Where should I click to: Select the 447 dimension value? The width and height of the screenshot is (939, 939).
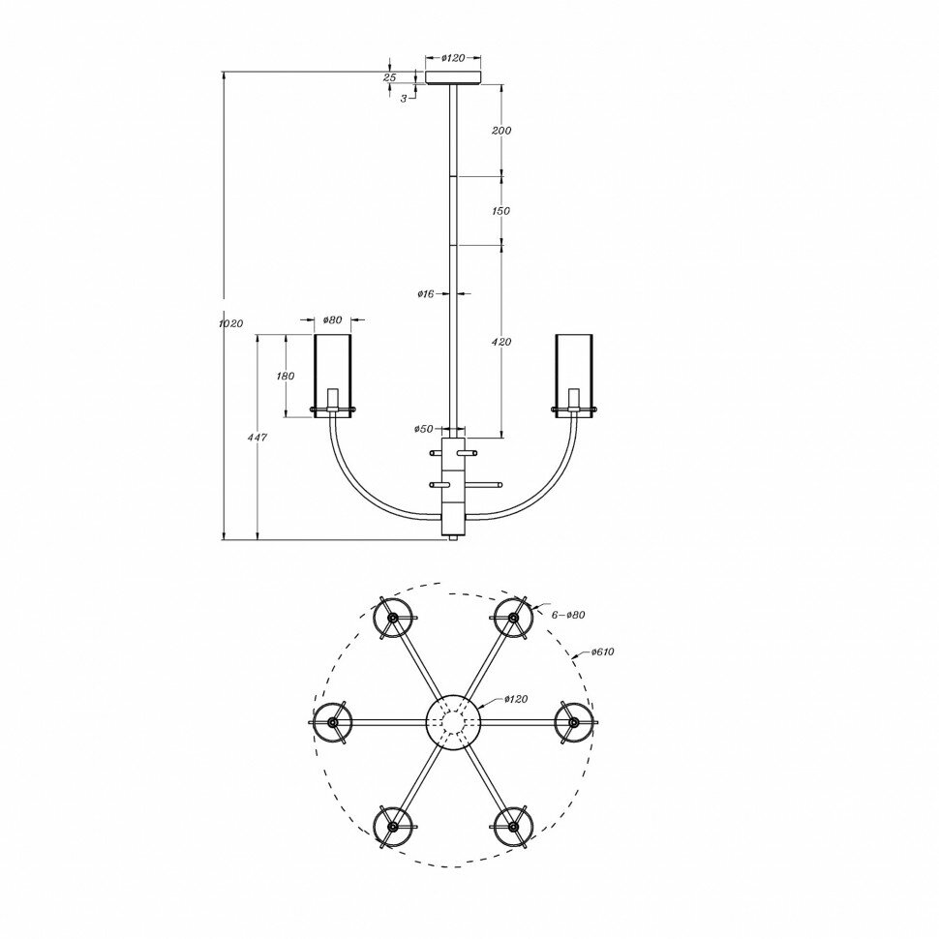(x=257, y=438)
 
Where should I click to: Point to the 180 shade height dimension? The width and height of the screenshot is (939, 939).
(x=286, y=376)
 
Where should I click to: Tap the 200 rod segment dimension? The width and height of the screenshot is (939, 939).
(x=501, y=131)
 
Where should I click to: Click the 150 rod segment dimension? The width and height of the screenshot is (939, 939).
(x=501, y=211)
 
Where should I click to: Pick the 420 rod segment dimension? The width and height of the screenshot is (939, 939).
(x=501, y=342)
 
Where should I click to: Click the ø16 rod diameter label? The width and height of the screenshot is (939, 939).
(x=424, y=293)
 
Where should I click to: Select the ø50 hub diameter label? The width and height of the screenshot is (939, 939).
(x=423, y=429)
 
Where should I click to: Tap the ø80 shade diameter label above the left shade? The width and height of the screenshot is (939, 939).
(x=332, y=319)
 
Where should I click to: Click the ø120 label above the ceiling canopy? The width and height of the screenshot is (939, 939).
(x=453, y=58)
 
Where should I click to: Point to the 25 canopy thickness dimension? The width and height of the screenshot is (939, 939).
(x=390, y=76)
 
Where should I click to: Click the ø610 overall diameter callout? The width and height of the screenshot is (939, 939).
(x=601, y=651)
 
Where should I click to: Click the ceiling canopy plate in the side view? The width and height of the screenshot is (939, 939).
(x=453, y=76)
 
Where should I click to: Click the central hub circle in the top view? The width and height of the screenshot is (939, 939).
(x=453, y=721)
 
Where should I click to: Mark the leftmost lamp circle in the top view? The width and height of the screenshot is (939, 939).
(x=332, y=722)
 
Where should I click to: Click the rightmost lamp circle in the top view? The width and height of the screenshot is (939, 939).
(x=574, y=722)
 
